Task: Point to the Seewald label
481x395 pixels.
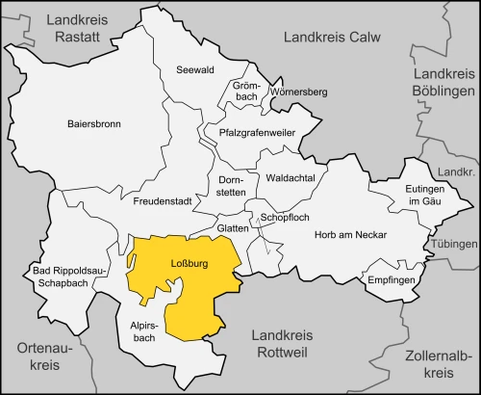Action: (195, 70)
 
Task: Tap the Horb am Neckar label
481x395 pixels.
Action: (349, 235)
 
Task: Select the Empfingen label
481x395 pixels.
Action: (391, 279)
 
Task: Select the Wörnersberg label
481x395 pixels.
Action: (298, 92)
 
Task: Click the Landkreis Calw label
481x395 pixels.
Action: (331, 37)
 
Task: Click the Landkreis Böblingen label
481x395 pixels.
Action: (443, 82)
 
